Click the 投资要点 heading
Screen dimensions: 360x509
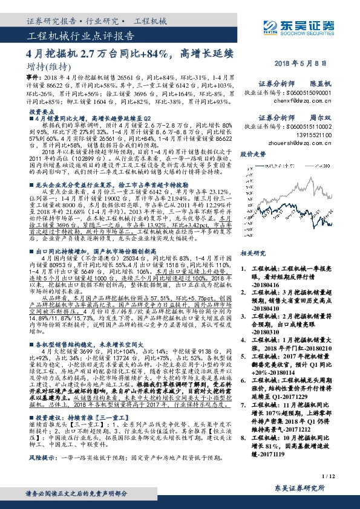click(x=42, y=112)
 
